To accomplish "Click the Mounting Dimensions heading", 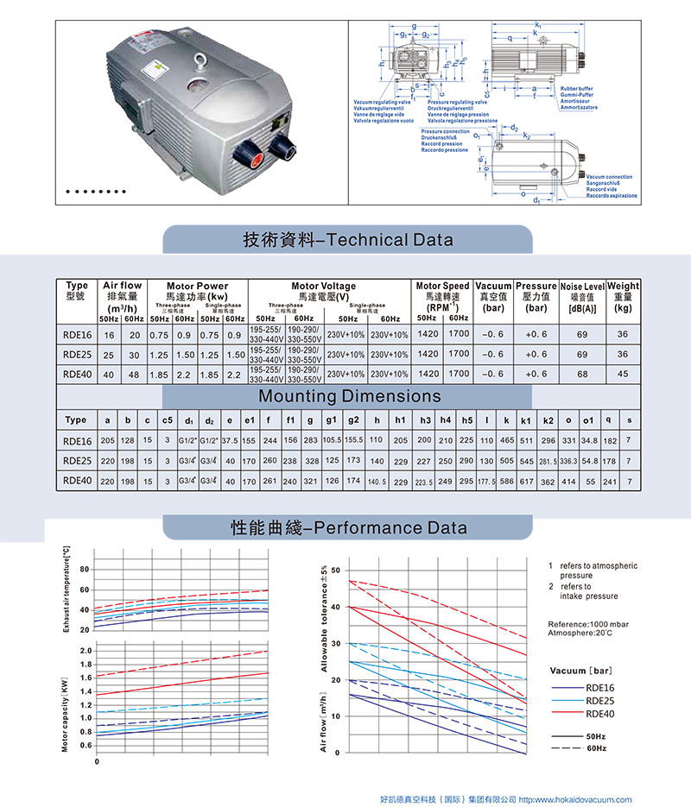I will point(350,396).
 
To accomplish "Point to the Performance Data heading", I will point(348,526).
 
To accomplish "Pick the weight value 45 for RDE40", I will point(623,374).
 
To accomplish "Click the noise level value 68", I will point(582,374).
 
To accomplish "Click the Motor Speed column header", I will point(442,291).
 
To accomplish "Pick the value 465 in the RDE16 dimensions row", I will point(507,440).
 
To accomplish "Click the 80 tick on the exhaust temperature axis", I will point(84,570).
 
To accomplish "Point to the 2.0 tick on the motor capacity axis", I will point(84,650).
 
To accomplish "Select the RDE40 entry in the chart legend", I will point(599,713).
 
